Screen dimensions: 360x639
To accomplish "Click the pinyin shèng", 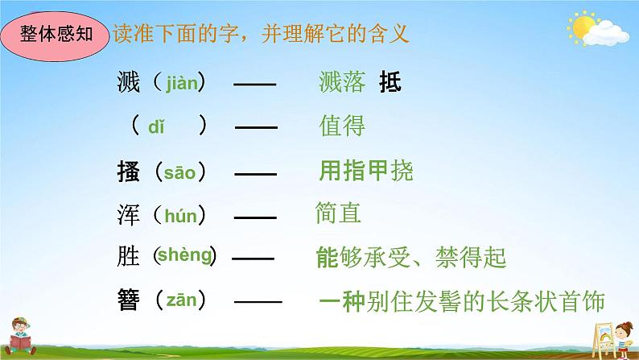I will (x=184, y=256).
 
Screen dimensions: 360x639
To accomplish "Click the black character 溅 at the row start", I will (x=128, y=81).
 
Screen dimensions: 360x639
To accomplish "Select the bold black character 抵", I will (x=390, y=82).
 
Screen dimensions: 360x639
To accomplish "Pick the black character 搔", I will (x=128, y=171).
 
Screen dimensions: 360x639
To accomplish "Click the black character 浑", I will (x=128, y=214).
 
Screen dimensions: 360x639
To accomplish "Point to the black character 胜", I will (x=128, y=257).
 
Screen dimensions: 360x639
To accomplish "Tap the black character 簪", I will (x=128, y=301).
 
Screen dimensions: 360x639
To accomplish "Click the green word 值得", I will (x=342, y=126).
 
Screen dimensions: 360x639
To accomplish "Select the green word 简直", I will (x=339, y=213).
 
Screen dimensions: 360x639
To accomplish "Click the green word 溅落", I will (x=343, y=82).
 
